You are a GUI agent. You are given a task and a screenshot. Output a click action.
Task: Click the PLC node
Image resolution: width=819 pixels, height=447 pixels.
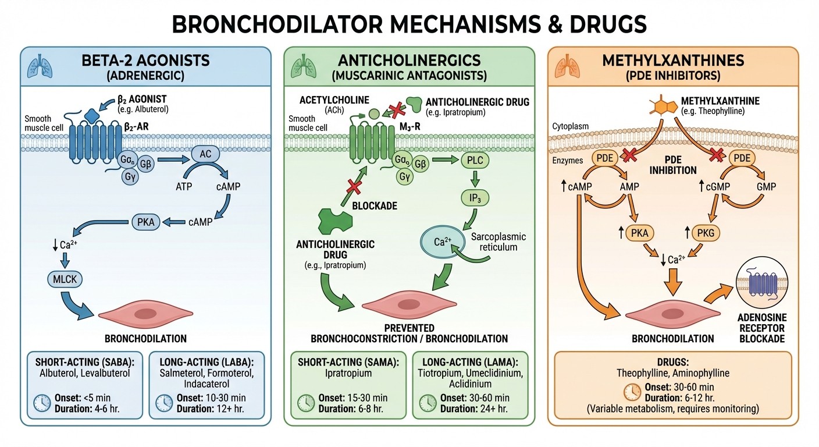click(x=475, y=159)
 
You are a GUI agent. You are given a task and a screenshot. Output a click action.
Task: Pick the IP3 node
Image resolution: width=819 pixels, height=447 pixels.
click(x=475, y=198)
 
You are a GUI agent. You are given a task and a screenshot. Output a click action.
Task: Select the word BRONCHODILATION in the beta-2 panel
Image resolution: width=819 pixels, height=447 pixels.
click(x=145, y=338)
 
